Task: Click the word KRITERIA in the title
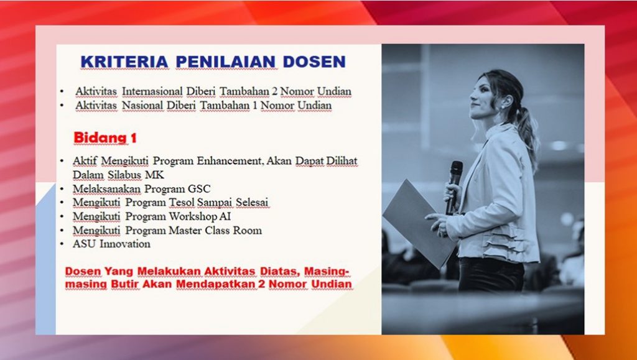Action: (x=124, y=62)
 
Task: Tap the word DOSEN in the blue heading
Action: (x=314, y=62)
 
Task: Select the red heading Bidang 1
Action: (x=105, y=138)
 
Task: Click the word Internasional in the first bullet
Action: (x=152, y=92)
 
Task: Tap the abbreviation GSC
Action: (x=199, y=189)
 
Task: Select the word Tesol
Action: (x=180, y=202)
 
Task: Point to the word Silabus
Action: (x=124, y=175)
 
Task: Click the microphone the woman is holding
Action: (x=454, y=187)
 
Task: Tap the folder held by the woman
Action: (x=419, y=223)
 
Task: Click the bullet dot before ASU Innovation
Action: (x=62, y=244)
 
